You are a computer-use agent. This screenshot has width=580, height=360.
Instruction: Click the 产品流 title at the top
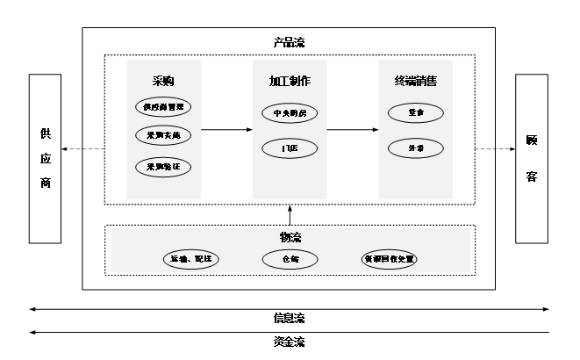[x=290, y=41]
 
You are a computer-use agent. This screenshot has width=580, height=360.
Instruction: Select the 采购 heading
[x=163, y=82]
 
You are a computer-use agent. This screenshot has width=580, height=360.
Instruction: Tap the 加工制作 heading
[x=290, y=82]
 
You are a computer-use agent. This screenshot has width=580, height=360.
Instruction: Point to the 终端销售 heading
[x=416, y=82]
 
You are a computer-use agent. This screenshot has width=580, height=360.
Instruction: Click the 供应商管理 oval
[x=163, y=107]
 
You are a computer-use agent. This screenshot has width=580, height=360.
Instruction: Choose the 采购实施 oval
[x=163, y=135]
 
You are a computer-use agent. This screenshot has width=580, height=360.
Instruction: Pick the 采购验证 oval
[x=163, y=166]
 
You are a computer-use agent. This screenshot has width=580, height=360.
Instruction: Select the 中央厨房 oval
[x=290, y=113]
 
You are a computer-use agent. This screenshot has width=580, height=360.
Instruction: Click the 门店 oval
[x=290, y=148]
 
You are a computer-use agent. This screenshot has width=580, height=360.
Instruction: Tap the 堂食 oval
[x=414, y=113]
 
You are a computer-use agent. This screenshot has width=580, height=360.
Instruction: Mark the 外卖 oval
[x=414, y=148]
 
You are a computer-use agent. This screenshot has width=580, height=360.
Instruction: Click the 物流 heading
[x=290, y=238]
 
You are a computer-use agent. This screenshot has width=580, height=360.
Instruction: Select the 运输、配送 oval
[x=190, y=259]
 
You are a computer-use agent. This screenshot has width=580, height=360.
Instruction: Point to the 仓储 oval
[x=290, y=259]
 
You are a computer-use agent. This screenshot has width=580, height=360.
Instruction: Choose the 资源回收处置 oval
[x=390, y=259]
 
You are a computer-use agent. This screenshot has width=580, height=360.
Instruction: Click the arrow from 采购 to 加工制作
[x=226, y=132]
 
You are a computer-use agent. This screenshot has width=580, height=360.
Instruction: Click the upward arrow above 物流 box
[x=290, y=215]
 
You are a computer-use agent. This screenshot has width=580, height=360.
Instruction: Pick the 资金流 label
[x=290, y=342]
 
